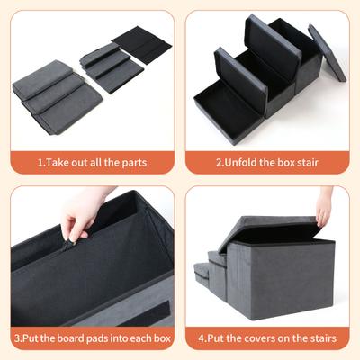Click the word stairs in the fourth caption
(319, 338)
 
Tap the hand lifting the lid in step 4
(323, 203)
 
